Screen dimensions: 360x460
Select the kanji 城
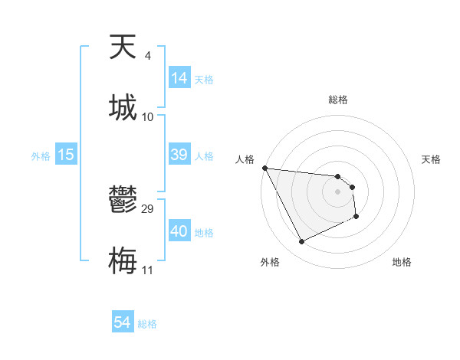click(123, 107)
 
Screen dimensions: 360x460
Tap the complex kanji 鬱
click(123, 201)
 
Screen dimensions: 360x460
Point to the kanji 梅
click(123, 260)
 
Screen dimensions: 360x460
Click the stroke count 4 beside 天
click(147, 56)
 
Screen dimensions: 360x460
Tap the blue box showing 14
click(179, 78)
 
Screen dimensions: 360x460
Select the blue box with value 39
click(179, 155)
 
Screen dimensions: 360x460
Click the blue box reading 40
click(179, 231)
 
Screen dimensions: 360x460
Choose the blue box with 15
click(66, 155)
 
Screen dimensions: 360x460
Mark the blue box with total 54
click(123, 322)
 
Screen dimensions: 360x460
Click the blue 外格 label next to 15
click(41, 155)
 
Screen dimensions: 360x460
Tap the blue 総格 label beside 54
click(147, 324)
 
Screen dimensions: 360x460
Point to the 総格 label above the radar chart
click(338, 100)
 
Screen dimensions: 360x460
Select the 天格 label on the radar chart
click(432, 159)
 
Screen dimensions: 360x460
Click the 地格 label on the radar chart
click(402, 263)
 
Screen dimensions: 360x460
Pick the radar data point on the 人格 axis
click(264, 168)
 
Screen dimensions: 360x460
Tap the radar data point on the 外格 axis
click(301, 242)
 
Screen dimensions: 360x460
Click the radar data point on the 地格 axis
click(356, 217)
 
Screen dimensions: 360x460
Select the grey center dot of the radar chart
click(338, 191)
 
